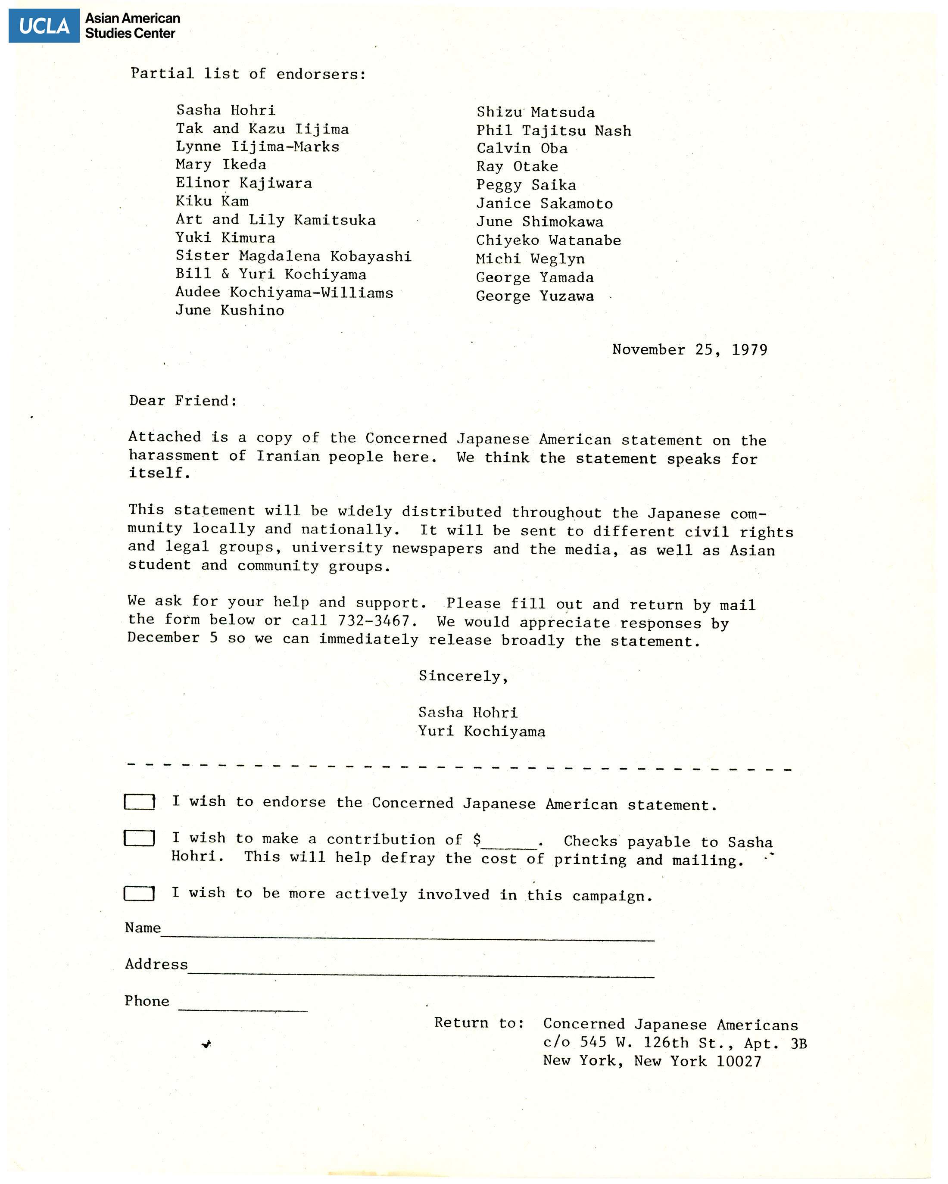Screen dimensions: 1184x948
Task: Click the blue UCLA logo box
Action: pyautogui.click(x=44, y=26)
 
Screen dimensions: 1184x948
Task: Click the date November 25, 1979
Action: pyautogui.click(x=689, y=350)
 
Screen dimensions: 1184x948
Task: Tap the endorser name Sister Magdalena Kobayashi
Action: pyautogui.click(x=293, y=256)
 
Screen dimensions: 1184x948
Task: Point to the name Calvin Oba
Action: pyautogui.click(x=522, y=148)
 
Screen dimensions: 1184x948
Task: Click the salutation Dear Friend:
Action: pyautogui.click(x=183, y=401)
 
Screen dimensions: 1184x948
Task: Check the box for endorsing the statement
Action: pyautogui.click(x=139, y=802)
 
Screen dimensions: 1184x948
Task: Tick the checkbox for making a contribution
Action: pyautogui.click(x=139, y=838)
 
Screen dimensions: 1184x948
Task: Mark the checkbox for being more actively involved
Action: pyautogui.click(x=139, y=894)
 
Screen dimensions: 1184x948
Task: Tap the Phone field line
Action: pyautogui.click(x=243, y=1009)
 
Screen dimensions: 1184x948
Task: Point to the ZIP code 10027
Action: pyautogui.click(x=738, y=1061)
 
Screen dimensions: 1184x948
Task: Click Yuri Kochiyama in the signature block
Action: pyautogui.click(x=481, y=732)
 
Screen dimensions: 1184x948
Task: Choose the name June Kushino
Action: pyautogui.click(x=230, y=310)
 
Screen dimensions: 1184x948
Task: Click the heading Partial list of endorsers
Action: pyautogui.click(x=248, y=74)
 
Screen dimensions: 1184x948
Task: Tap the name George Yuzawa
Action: pyautogui.click(x=534, y=296)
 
